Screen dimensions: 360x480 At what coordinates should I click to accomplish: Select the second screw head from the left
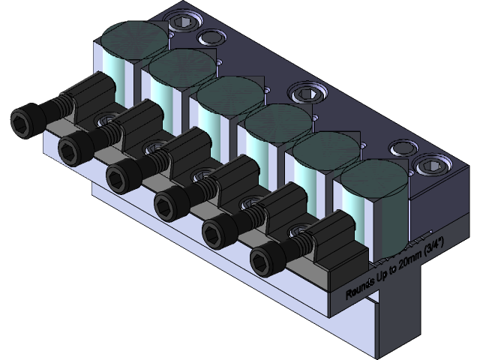click(73, 149)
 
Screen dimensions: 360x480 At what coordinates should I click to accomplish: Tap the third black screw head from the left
click(121, 177)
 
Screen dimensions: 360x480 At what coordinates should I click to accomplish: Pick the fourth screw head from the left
click(169, 202)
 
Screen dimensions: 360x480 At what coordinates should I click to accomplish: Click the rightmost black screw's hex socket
click(263, 261)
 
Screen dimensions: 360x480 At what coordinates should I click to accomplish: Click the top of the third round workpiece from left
click(231, 94)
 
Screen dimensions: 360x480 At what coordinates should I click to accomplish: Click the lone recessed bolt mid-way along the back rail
click(307, 93)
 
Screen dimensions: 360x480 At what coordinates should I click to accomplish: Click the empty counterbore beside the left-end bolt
click(211, 36)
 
